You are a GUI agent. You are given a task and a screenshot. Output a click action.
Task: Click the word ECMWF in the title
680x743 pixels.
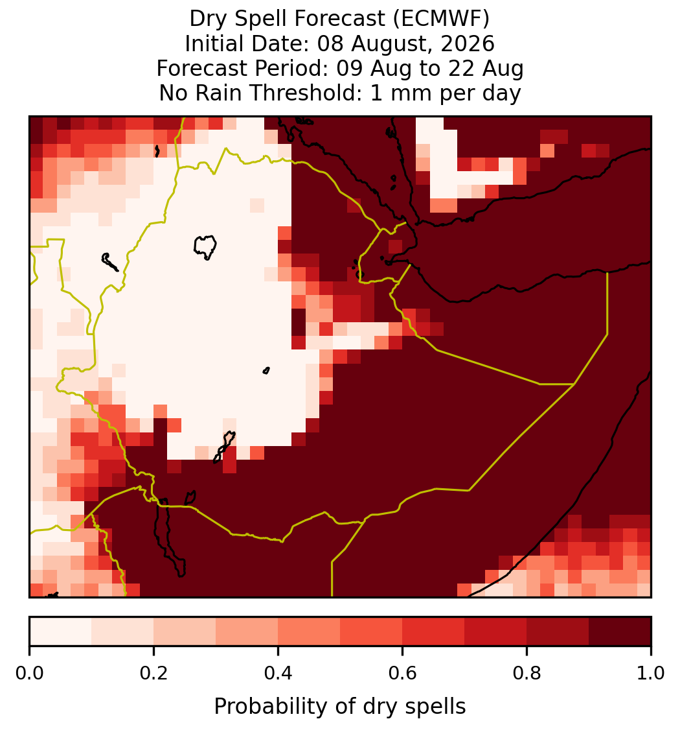pyautogui.click(x=441, y=19)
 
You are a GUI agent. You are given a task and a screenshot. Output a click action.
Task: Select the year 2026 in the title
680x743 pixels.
pyautogui.click(x=468, y=43)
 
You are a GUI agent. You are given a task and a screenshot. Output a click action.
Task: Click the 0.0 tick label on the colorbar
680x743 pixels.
pyautogui.click(x=30, y=673)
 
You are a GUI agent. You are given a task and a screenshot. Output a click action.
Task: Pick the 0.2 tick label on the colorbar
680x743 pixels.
pyautogui.click(x=153, y=673)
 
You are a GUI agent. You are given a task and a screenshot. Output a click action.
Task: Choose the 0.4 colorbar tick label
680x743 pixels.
pyautogui.click(x=278, y=673)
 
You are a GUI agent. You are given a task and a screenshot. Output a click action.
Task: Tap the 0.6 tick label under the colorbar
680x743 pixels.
pyautogui.click(x=403, y=673)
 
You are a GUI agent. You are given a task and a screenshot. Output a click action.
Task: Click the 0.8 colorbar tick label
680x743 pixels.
pyautogui.click(x=527, y=673)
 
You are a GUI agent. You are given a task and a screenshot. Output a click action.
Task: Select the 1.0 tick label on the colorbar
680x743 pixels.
pyautogui.click(x=651, y=673)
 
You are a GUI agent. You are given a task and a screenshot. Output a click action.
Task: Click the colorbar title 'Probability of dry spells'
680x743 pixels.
pyautogui.click(x=340, y=707)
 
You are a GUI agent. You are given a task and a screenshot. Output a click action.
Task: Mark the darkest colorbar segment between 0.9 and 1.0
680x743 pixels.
pyautogui.click(x=620, y=631)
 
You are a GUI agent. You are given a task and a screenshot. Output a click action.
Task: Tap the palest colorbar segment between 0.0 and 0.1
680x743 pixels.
pyautogui.click(x=61, y=631)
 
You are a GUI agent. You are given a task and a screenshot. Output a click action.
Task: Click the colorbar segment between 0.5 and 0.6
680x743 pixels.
pyautogui.click(x=371, y=631)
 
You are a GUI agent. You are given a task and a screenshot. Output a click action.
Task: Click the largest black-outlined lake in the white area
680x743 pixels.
pyautogui.click(x=205, y=246)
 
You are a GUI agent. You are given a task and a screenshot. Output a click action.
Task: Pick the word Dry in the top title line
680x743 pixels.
pyautogui.click(x=209, y=19)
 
